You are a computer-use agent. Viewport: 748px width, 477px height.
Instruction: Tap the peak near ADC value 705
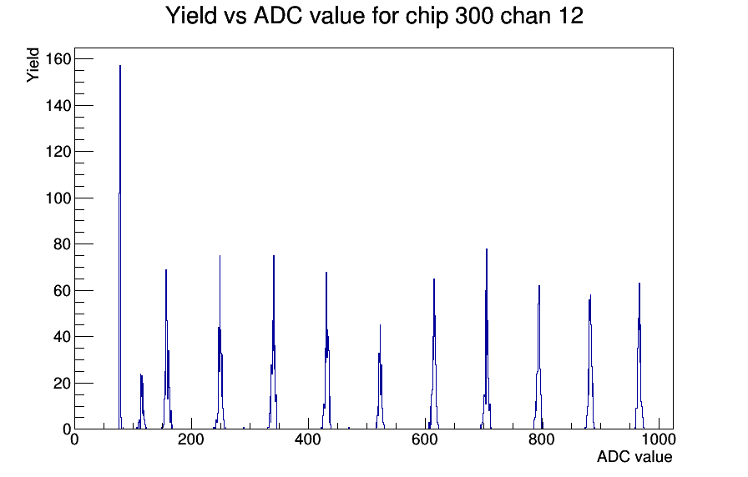coord(486,339)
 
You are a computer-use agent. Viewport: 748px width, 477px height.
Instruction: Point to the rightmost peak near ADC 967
coord(639,356)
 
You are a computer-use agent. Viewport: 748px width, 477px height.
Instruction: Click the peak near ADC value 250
coord(220,343)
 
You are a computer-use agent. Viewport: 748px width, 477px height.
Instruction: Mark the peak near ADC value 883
coord(590,362)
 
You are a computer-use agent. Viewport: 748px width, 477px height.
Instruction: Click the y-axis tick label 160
coord(58,59)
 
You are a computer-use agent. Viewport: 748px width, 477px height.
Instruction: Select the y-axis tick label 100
coord(58,198)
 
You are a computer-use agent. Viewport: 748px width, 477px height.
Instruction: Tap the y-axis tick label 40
coord(62,337)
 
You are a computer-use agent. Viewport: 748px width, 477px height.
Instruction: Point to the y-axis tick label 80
coord(62,244)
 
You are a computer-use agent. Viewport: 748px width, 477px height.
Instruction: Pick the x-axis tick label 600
coord(425,439)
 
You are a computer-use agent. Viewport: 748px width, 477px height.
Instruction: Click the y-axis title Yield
coord(33,65)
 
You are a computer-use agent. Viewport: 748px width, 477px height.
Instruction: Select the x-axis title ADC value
coord(634,456)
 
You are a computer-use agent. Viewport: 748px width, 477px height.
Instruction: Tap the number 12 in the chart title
coord(569,16)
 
